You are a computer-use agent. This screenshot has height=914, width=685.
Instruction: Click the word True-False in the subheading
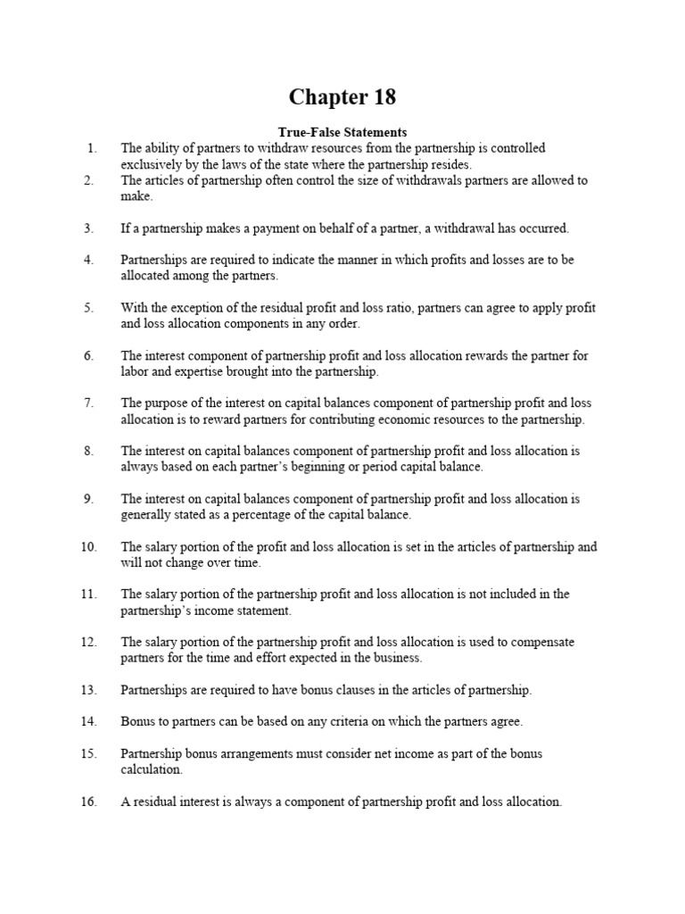click(305, 132)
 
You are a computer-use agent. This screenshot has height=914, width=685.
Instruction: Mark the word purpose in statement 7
click(165, 403)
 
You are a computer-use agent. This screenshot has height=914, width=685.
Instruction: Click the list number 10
click(88, 547)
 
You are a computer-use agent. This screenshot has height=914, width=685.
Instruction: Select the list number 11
click(88, 594)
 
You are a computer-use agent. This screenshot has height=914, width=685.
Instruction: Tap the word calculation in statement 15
click(152, 769)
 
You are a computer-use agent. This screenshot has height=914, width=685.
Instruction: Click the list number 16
click(88, 802)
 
